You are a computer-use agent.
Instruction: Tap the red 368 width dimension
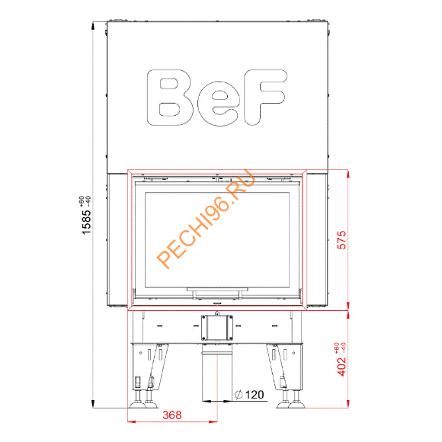click(x=173, y=415)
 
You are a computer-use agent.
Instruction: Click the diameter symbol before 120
click(x=239, y=394)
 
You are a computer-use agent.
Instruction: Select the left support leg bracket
click(x=149, y=364)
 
